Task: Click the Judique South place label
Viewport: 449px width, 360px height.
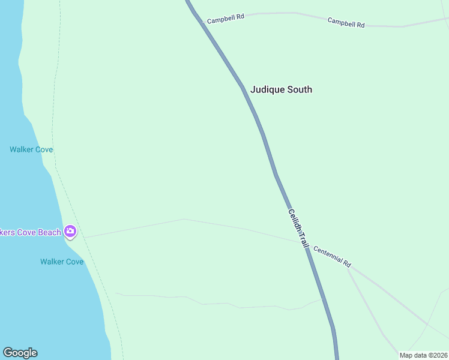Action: tap(281, 89)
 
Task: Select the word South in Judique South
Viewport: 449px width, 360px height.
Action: tap(299, 89)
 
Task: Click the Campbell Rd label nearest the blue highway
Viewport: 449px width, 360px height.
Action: tap(226, 19)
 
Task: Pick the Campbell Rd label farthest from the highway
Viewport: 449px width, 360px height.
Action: tap(346, 22)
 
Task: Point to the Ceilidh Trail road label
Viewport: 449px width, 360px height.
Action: tap(298, 229)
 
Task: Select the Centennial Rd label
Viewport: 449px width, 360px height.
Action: tap(332, 257)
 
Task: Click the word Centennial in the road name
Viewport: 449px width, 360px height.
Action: tap(328, 255)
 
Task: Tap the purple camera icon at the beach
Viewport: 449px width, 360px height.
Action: tap(70, 231)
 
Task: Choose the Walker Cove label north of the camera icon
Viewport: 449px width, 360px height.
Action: tap(31, 149)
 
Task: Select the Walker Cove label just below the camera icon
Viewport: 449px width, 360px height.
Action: tap(61, 262)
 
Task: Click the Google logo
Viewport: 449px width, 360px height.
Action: tap(20, 353)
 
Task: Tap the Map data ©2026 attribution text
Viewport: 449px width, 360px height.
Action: tap(423, 355)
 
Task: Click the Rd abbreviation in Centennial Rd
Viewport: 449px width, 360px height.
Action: tap(346, 264)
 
